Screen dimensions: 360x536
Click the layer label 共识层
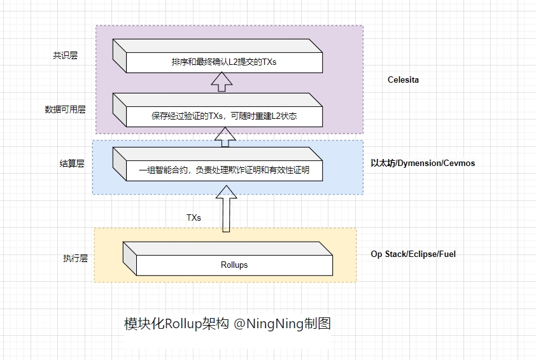coord(65,55)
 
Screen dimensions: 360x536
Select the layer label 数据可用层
coord(65,109)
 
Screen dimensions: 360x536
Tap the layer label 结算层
coord(72,163)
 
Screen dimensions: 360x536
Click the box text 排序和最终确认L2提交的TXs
coord(223,62)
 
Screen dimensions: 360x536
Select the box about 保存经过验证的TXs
coord(223,116)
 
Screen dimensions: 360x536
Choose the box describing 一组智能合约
coord(223,170)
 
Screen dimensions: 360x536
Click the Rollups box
coord(235,265)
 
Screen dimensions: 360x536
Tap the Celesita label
coord(404,80)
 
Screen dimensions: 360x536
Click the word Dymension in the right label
coord(421,163)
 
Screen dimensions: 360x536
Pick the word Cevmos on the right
coord(461,163)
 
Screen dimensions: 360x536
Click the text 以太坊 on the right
coord(383,163)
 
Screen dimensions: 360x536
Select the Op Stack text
coord(389,254)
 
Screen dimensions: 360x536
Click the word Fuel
coord(448,254)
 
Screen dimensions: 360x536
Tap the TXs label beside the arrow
coord(194,218)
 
